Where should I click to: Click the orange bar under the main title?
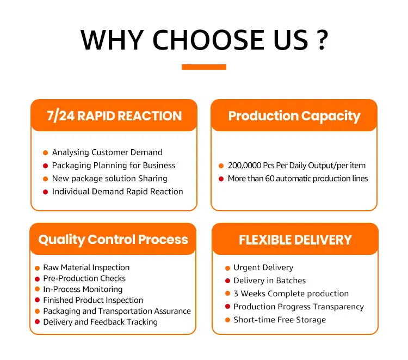(x=204, y=67)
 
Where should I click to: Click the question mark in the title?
(x=323, y=40)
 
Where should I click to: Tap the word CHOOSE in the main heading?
(x=208, y=40)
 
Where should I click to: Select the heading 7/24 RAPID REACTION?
(x=114, y=116)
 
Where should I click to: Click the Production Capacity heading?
(x=294, y=117)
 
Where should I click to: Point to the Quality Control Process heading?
(x=113, y=240)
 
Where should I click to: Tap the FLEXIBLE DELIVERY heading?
(x=295, y=240)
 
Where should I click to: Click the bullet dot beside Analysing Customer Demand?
(x=45, y=152)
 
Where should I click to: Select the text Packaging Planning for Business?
(x=114, y=166)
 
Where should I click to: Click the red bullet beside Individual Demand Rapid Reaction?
(x=45, y=192)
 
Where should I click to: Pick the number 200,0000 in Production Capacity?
(x=245, y=166)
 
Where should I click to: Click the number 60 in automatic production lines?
(x=270, y=179)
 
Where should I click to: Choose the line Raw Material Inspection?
(x=86, y=267)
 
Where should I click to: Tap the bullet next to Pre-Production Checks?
(x=37, y=279)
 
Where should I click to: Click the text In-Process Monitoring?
(x=83, y=289)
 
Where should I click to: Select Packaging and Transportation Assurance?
(x=117, y=312)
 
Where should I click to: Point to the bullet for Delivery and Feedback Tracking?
(x=37, y=322)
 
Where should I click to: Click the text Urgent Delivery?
(x=264, y=267)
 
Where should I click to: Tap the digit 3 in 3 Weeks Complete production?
(x=236, y=294)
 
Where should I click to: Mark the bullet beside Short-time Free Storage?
(x=228, y=320)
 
